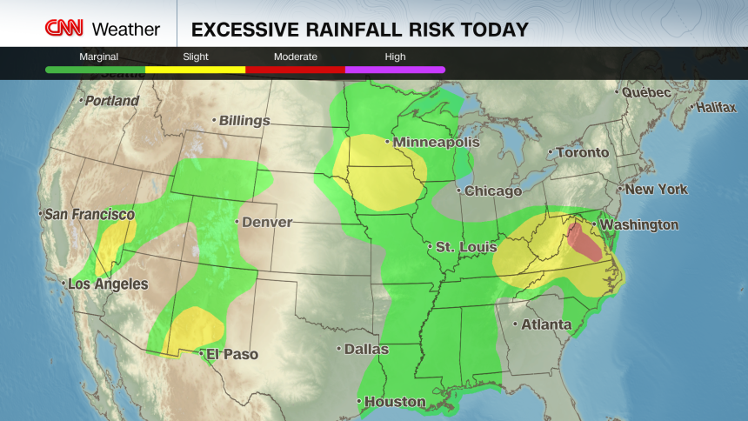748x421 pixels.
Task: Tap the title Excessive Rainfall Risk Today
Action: [x=359, y=30]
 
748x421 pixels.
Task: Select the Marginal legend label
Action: [x=99, y=57]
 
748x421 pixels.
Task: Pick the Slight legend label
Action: [x=196, y=57]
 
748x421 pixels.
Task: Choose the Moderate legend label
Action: [x=296, y=57]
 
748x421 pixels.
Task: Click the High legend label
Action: [x=395, y=57]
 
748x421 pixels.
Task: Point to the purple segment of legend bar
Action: [x=395, y=69]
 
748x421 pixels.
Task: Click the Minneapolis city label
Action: [x=436, y=142]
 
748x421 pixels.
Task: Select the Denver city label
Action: [x=266, y=222]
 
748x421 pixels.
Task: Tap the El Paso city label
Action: [x=230, y=354]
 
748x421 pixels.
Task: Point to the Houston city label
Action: [x=395, y=402]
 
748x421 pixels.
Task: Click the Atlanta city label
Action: [x=545, y=325]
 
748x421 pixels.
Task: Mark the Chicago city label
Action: [x=492, y=190]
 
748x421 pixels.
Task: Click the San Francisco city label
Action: [x=90, y=214]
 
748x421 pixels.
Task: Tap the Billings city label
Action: [x=244, y=121]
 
